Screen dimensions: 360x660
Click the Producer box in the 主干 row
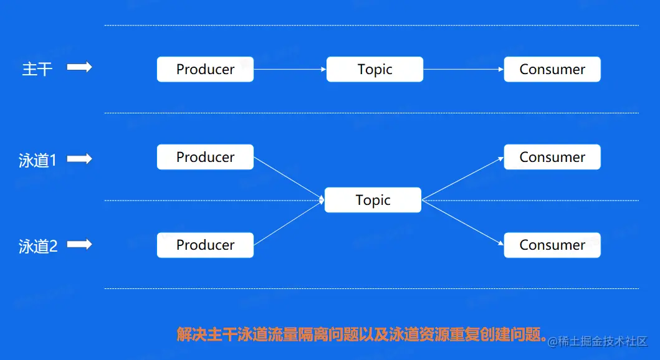click(205, 69)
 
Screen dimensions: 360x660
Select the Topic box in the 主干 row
click(375, 69)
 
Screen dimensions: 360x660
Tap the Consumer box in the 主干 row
click(552, 69)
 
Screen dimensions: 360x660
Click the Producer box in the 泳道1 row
click(205, 157)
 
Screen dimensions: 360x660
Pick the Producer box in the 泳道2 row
click(205, 245)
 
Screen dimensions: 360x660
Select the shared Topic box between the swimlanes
click(373, 200)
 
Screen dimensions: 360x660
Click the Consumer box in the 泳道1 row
click(552, 157)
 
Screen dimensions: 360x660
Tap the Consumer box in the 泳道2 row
click(552, 245)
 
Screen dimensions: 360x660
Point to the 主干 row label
click(37, 69)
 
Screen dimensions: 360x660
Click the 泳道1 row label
click(37, 161)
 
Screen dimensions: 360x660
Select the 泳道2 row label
click(37, 247)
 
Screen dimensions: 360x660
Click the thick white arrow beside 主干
click(79, 67)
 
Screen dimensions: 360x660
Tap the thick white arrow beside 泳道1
click(79, 159)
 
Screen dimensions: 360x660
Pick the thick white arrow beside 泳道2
click(79, 245)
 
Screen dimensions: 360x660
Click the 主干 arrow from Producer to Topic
click(290, 69)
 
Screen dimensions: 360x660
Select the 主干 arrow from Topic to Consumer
click(463, 69)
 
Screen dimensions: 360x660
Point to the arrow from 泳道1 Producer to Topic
click(289, 179)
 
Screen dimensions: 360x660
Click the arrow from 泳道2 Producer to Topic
click(289, 222)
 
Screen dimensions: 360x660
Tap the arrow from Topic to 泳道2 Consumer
click(462, 222)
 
